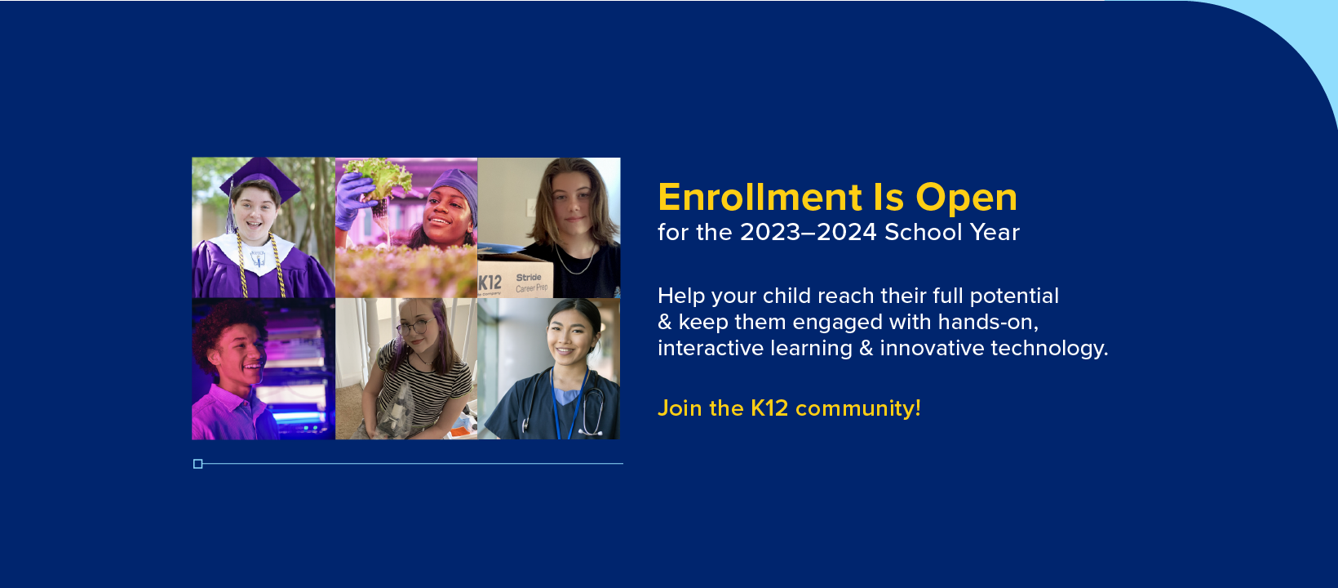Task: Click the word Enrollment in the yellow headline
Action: click(760, 198)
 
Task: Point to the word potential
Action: click(1014, 296)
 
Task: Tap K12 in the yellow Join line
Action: click(769, 408)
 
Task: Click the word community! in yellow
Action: click(858, 409)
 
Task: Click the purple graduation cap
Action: click(259, 178)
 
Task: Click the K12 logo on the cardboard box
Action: click(490, 283)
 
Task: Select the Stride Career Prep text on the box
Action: click(531, 283)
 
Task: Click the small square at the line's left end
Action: click(197, 464)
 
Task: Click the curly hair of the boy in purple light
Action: click(226, 326)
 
